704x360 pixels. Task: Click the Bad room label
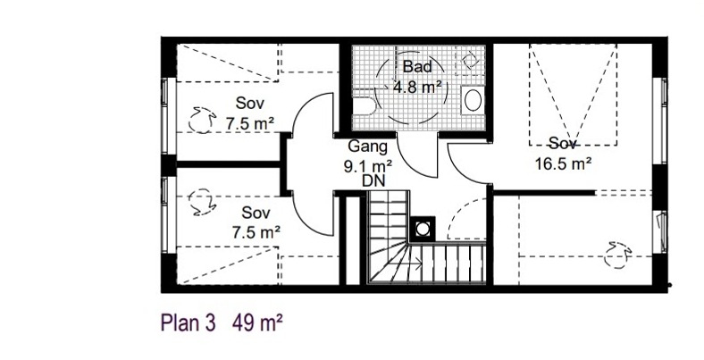[417, 66]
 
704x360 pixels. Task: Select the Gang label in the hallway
[368, 147]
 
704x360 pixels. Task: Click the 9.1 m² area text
[368, 166]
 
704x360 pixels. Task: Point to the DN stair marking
[373, 181]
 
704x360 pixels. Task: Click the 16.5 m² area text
[563, 163]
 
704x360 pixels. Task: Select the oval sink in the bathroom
[473, 100]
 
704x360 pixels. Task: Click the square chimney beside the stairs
[423, 229]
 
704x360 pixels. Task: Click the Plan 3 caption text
[189, 322]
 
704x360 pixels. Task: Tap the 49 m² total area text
[257, 322]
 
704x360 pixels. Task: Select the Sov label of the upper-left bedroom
[250, 104]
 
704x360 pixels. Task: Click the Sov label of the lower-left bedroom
[256, 213]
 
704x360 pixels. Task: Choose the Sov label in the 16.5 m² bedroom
[563, 144]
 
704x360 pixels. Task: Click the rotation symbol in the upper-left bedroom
[200, 121]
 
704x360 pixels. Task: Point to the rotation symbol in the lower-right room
[617, 255]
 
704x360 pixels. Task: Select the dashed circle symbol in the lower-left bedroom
[201, 202]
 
